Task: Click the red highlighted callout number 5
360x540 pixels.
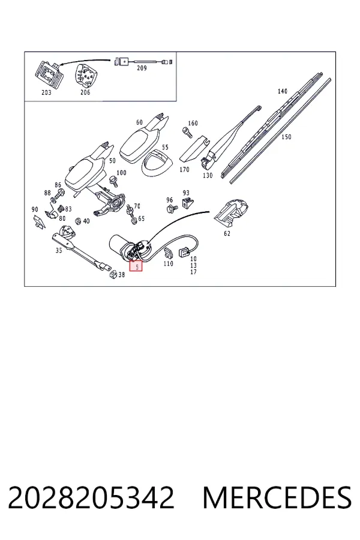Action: (x=136, y=266)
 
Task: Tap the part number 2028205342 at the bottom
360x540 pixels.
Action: (x=91, y=497)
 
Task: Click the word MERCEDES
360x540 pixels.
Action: (x=277, y=497)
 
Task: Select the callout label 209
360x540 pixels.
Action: (x=142, y=68)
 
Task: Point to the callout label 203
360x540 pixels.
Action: (x=46, y=92)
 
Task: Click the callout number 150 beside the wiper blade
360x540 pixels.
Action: (x=286, y=137)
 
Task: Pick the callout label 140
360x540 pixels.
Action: (x=282, y=91)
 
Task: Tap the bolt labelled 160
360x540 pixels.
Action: (x=187, y=131)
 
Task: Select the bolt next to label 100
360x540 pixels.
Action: (x=113, y=181)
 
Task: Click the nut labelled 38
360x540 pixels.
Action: (x=112, y=274)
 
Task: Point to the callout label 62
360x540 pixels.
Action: (x=227, y=233)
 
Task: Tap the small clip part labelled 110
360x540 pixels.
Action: (x=168, y=253)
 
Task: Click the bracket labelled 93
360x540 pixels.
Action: (x=187, y=203)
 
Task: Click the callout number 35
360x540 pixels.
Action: (x=59, y=250)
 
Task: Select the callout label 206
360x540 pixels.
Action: (x=85, y=92)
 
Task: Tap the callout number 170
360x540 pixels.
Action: (x=184, y=169)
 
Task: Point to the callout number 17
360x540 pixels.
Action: (x=193, y=272)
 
